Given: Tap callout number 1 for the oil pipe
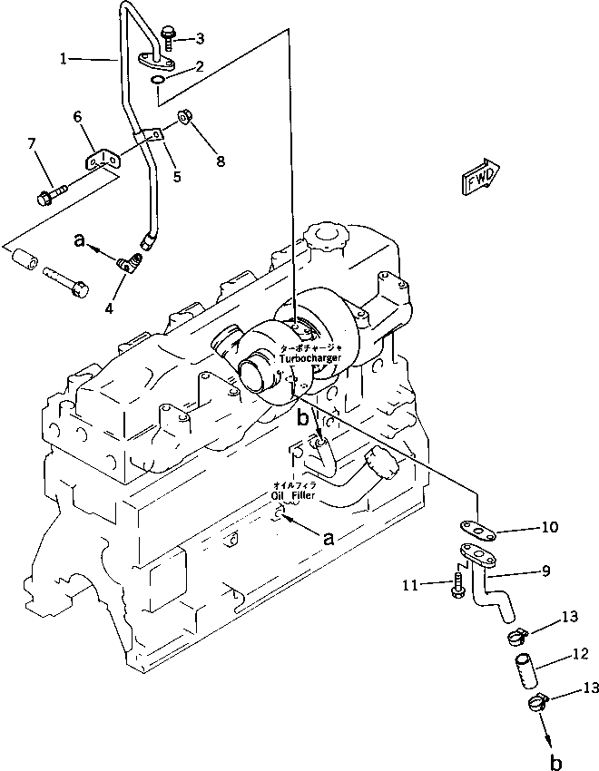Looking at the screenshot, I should (64, 60).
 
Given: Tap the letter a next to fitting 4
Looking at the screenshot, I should (81, 242).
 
